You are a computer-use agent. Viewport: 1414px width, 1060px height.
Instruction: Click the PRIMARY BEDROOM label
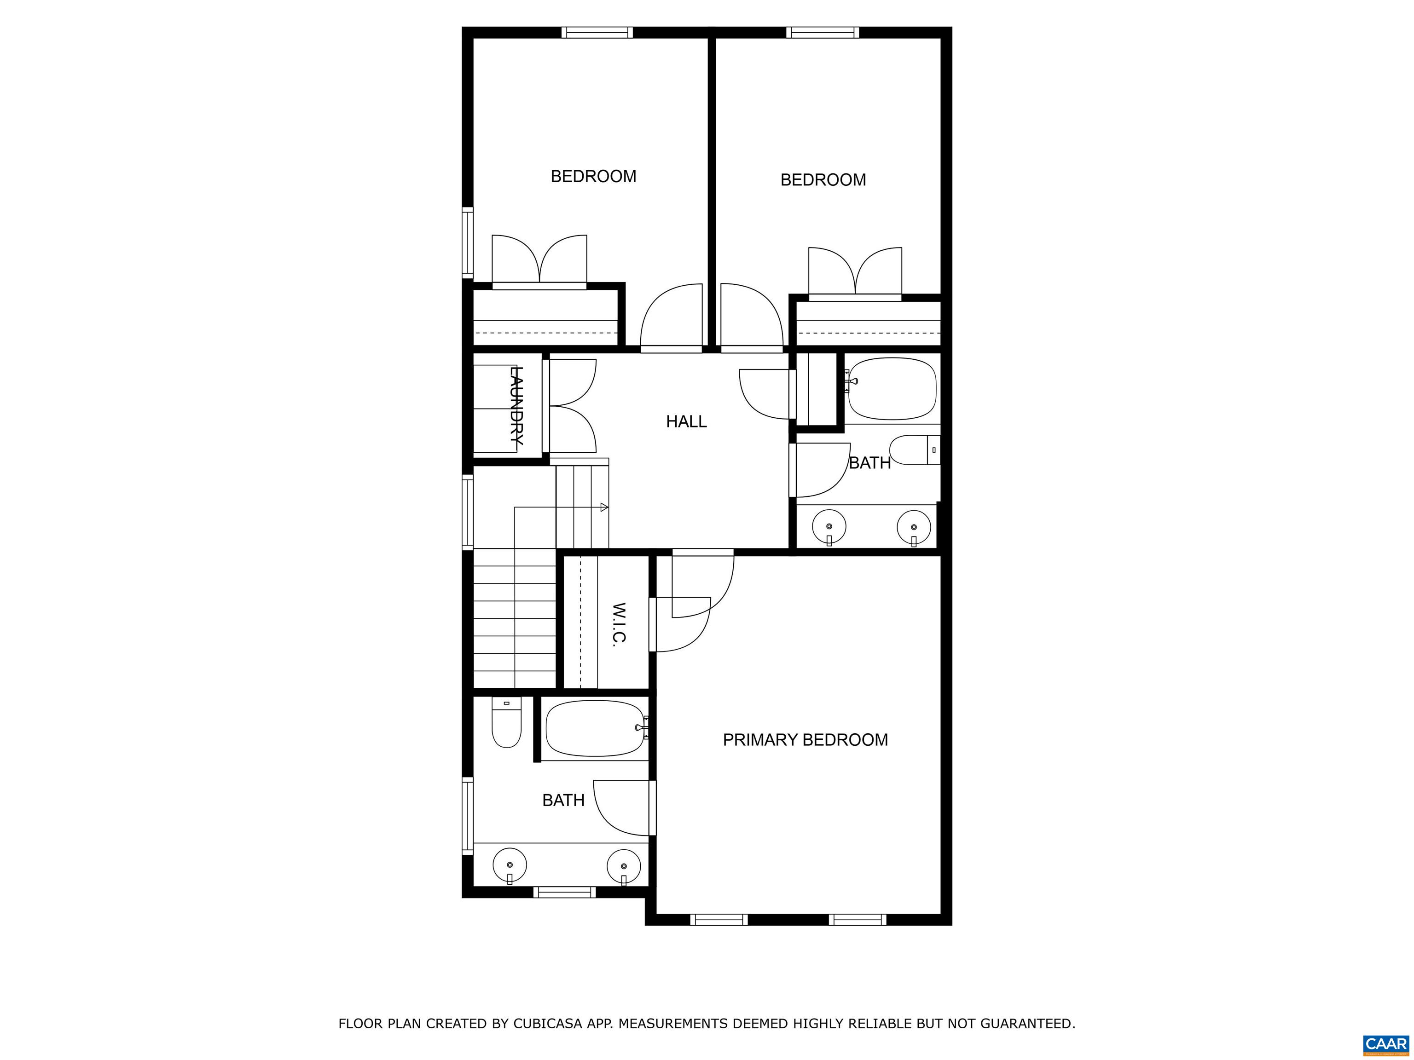click(x=805, y=740)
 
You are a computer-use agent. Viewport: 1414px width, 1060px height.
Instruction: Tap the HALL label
click(x=686, y=422)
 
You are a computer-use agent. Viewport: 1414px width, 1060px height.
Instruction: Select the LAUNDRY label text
click(x=516, y=406)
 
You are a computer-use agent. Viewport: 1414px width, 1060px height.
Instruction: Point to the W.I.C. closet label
click(x=618, y=623)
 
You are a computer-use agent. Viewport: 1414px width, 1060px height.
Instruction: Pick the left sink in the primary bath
click(x=510, y=866)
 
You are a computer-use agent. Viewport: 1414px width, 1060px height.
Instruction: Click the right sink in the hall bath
click(x=914, y=527)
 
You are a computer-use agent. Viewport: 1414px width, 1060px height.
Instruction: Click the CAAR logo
click(x=1385, y=1044)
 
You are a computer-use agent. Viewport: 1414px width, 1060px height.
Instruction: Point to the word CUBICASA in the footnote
click(x=547, y=1024)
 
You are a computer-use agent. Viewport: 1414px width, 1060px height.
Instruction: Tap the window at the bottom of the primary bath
click(x=564, y=892)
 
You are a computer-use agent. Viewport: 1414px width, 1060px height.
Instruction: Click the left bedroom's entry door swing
click(x=671, y=317)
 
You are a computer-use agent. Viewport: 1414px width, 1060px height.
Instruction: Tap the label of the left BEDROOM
click(x=593, y=176)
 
